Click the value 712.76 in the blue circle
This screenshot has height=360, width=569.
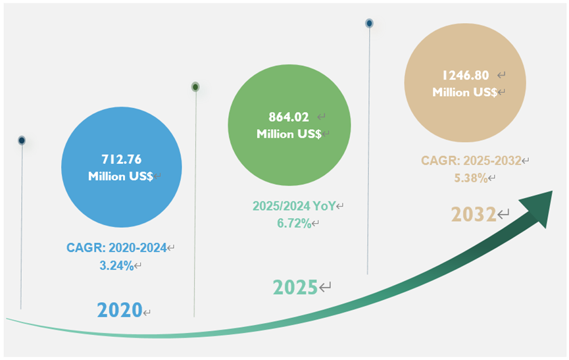(121, 159)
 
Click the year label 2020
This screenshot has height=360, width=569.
(120, 310)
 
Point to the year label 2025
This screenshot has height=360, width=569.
(295, 287)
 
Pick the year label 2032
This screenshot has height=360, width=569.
(473, 215)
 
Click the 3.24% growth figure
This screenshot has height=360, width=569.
(116, 266)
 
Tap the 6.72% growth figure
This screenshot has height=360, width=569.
(293, 223)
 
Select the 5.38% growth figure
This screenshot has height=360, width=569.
(469, 178)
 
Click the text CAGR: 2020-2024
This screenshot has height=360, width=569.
(116, 248)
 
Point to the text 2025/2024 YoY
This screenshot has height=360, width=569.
(293, 207)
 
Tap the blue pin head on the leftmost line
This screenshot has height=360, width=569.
(22, 141)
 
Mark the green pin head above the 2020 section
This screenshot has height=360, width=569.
(195, 87)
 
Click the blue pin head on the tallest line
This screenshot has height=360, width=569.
(370, 24)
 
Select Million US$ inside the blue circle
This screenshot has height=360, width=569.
(120, 176)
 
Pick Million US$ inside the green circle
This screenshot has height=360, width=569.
(289, 134)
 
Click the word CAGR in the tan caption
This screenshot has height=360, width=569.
(435, 161)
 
